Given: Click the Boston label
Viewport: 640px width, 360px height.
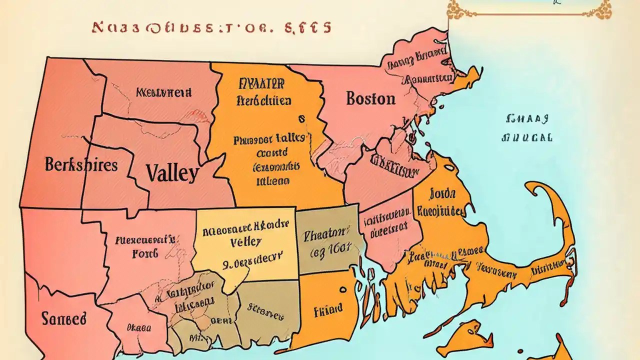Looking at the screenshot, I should [370, 98].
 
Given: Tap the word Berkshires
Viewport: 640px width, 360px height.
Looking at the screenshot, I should [81, 164].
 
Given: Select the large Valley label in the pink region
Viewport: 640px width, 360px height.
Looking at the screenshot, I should [172, 173].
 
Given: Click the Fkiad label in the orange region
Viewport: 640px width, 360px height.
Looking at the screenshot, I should [328, 309].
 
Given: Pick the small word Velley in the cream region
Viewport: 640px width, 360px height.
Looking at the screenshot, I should [245, 242].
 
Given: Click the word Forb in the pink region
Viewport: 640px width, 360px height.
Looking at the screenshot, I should [145, 253].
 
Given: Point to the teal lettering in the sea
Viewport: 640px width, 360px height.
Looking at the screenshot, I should [527, 128].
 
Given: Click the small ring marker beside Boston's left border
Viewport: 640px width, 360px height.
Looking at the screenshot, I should [301, 119].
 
